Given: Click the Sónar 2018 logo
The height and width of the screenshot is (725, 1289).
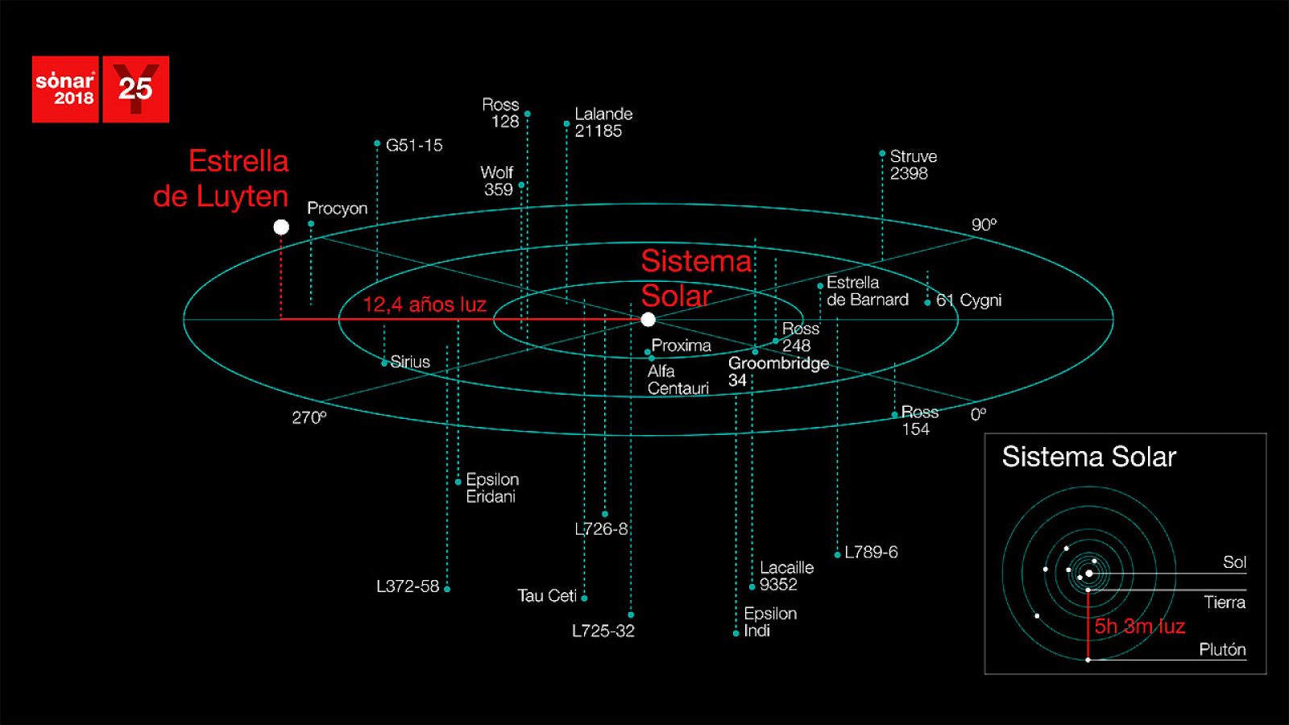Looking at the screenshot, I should coord(65,89).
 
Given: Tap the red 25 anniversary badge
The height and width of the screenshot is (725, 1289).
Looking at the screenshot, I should coord(135,89).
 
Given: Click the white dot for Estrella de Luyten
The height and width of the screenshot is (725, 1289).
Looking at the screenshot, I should coord(281,227).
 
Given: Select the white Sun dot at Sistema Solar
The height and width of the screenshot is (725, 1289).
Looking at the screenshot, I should coord(648,320).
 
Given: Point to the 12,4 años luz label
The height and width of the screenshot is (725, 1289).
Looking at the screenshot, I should coord(425,304).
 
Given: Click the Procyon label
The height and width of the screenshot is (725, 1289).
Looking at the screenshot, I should coord(337,209).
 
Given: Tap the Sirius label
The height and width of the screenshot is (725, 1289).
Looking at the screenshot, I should coord(410,362).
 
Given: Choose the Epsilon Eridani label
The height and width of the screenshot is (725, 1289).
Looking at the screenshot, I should coord(492,488).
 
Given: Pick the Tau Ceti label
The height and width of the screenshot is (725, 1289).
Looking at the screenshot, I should coord(546,596).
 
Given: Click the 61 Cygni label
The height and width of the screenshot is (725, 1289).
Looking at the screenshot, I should coord(968,300).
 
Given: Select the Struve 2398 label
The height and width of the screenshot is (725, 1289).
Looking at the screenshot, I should coord(913,165).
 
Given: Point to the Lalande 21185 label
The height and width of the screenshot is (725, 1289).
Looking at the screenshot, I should coord(603,122).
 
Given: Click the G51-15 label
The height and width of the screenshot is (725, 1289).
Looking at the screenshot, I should coord(414,146).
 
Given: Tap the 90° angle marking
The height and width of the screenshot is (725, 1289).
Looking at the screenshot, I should coord(984,225).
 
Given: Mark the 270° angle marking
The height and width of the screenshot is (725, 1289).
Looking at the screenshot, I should coord(309,417).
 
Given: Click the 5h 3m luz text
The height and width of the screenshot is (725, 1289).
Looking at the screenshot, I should coord(1139,627).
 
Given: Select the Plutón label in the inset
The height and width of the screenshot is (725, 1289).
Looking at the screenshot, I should coord(1222,650).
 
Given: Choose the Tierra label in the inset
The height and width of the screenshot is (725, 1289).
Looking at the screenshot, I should coord(1225,603).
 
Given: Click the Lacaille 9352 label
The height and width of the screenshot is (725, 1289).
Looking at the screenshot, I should coord(786,576).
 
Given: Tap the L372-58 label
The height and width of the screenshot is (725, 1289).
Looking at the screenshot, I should coord(408,586).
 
